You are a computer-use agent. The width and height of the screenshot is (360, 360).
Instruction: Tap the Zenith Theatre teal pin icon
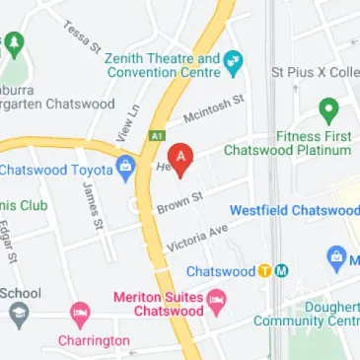click(x=234, y=65)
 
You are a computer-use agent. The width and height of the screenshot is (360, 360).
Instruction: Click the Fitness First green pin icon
click(x=327, y=110)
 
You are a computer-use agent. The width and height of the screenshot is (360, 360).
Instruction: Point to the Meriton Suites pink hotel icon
click(x=219, y=298)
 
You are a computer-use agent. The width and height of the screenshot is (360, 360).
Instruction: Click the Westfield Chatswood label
click(x=294, y=210)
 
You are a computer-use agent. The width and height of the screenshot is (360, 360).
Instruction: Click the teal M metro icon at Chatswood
click(x=281, y=271)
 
